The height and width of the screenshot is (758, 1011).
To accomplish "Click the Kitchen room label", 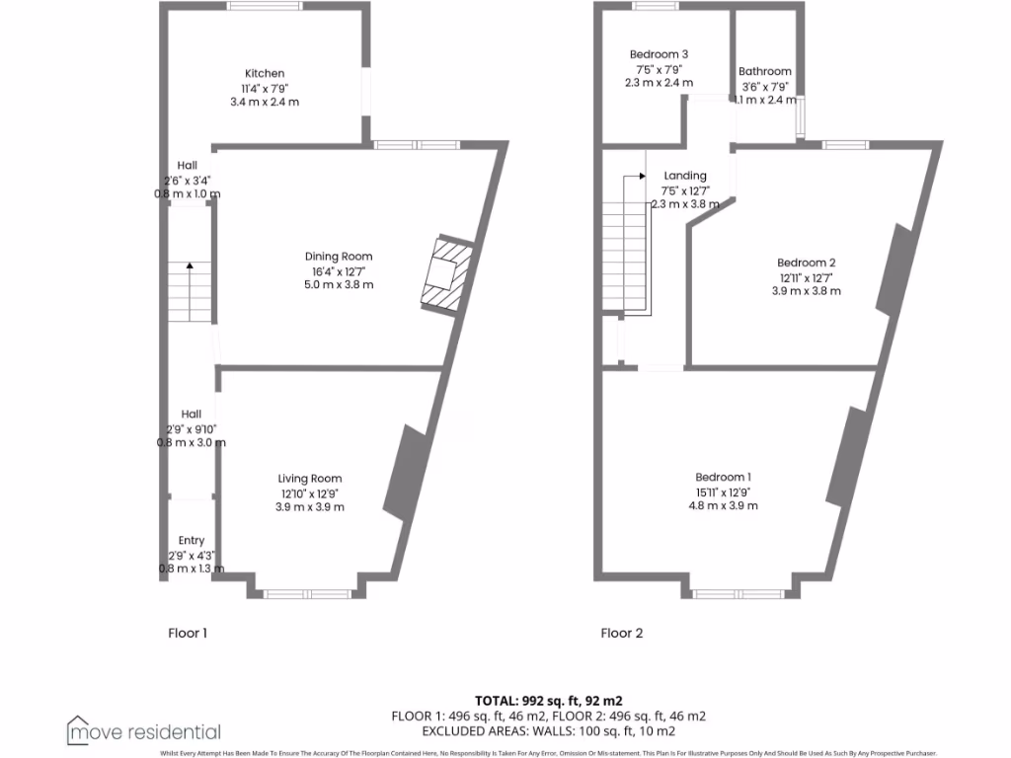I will tap(265, 73).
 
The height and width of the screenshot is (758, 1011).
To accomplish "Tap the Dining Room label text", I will tap(339, 257).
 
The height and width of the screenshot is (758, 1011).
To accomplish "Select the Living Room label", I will tap(309, 479).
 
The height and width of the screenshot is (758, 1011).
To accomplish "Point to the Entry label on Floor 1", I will tap(192, 540).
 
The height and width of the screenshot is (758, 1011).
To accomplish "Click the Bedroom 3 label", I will tap(659, 54).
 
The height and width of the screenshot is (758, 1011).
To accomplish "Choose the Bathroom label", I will tap(765, 71).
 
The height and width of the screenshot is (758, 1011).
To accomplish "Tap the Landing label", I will tap(685, 176).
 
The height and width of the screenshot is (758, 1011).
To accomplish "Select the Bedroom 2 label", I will tap(807, 263).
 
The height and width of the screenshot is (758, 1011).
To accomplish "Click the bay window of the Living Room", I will tap(308, 594).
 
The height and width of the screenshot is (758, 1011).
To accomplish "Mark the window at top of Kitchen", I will tap(265, 6).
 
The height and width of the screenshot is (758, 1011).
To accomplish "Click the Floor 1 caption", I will tap(188, 633).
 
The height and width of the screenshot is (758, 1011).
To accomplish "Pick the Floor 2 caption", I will tap(622, 633).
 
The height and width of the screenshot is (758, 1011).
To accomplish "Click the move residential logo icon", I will tap(78, 729).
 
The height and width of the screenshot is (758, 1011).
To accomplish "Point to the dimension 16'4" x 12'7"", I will tap(339, 270).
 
